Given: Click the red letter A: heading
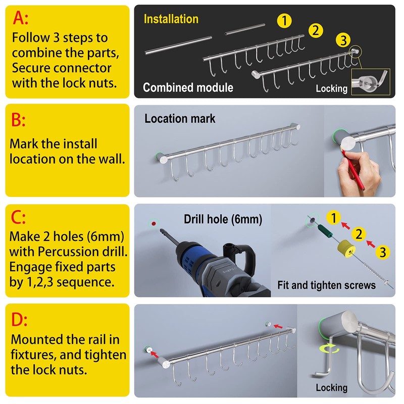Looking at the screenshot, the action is [21, 19].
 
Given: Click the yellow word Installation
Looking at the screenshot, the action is [171, 19].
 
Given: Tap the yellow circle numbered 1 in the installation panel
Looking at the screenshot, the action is [285, 21].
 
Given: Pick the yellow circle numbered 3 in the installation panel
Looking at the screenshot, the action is [342, 39].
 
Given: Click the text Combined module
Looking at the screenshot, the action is [188, 87].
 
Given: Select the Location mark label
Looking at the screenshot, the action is [180, 119].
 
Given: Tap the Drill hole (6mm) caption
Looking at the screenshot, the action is [223, 219].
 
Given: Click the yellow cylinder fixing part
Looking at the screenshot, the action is [346, 248].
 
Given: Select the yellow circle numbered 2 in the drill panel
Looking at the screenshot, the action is [359, 234].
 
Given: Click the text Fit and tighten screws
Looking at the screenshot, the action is [326, 285].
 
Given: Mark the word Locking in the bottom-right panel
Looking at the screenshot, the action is [331, 388].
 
